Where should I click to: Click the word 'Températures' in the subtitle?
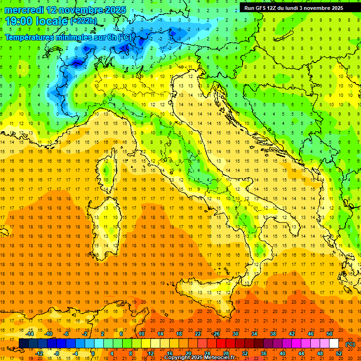coord(30,37)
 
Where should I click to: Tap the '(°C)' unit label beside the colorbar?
coord(350,344)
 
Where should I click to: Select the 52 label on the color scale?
coord(339,353)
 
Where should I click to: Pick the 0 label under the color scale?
coord(93,353)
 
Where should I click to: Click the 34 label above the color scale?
coord(254,334)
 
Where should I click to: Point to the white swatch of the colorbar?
coord(334,344)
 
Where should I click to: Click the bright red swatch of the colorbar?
coord(221,344)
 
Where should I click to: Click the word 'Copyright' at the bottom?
coord(179,358)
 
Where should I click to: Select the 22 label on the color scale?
coord(197,334)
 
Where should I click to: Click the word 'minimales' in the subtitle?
coord(73,37)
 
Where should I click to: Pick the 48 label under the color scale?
coord(320,353)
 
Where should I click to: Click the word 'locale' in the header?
coord(53,21)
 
